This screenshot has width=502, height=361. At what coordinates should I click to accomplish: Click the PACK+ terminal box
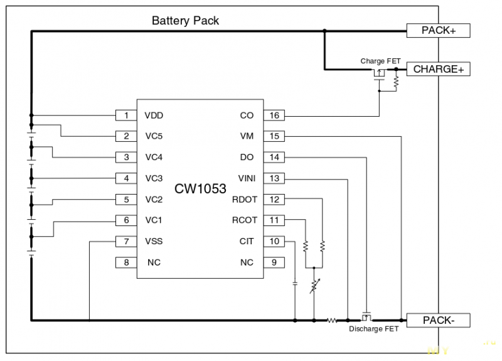pyautogui.click(x=438, y=30)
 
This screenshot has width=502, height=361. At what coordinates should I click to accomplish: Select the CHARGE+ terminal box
pyautogui.click(x=438, y=69)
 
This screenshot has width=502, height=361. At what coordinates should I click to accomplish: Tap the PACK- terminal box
pyautogui.click(x=438, y=320)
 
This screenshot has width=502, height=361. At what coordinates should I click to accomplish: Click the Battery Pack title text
pyautogui.click(x=185, y=21)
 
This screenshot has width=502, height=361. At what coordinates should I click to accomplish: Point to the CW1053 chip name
pyautogui.click(x=200, y=188)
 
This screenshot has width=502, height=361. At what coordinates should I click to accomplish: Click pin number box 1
pyautogui.click(x=126, y=116)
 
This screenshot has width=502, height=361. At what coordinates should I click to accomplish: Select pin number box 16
pyautogui.click(x=274, y=116)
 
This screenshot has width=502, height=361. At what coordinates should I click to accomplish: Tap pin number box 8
pyautogui.click(x=126, y=262)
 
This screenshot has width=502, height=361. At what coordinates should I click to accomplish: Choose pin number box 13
pyautogui.click(x=274, y=178)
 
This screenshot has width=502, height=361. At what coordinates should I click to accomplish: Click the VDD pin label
pyautogui.click(x=154, y=116)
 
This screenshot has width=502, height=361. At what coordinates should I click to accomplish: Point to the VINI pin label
pyautogui.click(x=247, y=178)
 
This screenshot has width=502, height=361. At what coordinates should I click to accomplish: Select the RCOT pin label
pyautogui.click(x=244, y=220)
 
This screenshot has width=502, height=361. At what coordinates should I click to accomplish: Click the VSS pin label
pyautogui.click(x=154, y=241)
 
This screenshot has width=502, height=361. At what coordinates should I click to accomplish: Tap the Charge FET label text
pyautogui.click(x=380, y=61)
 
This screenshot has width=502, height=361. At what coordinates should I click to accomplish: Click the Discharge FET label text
pyautogui.click(x=373, y=329)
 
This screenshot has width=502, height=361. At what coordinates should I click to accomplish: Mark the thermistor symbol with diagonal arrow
pyautogui.click(x=314, y=286)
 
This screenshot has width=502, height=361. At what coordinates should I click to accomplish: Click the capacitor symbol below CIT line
pyautogui.click(x=295, y=284)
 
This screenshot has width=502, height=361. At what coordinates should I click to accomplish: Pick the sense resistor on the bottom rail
pyautogui.click(x=332, y=320)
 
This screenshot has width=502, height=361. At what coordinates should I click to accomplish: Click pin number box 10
pyautogui.click(x=274, y=241)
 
